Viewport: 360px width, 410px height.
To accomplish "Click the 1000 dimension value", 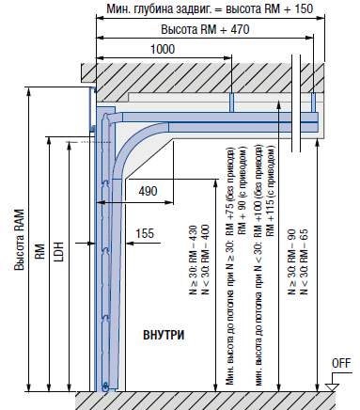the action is click(x=163, y=49).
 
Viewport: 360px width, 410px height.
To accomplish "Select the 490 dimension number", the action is click(x=148, y=191).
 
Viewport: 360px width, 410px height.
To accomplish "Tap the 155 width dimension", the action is click(x=145, y=233).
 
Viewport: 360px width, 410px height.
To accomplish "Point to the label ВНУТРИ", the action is click(x=164, y=335).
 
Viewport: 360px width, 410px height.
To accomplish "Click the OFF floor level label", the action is click(x=341, y=364).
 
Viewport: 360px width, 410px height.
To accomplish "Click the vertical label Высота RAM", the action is click(x=19, y=240).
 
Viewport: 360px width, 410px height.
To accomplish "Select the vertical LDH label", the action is click(x=58, y=252).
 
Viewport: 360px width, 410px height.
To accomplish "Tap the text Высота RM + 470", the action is click(x=205, y=29).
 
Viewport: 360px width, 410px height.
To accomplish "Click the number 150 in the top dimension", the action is click(x=304, y=8).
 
